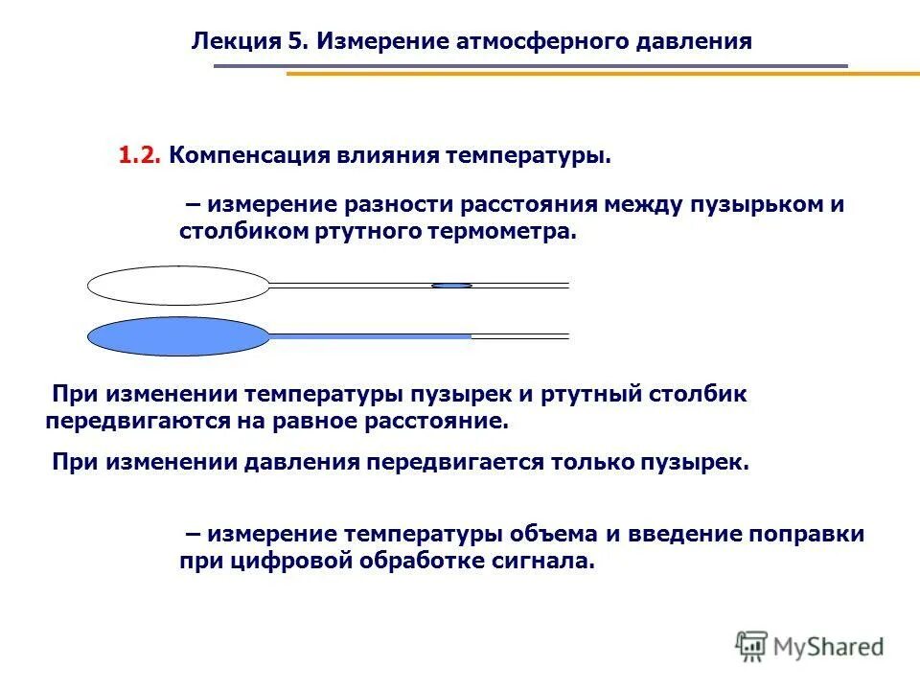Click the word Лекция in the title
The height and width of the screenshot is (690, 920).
point(236,41)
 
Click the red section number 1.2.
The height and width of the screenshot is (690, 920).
point(141,155)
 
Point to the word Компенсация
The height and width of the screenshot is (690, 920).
point(247,155)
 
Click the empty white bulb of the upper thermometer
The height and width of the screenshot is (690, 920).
point(178,285)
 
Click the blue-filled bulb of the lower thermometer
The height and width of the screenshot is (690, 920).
point(178,336)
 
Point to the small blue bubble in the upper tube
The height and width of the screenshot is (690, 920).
point(451,285)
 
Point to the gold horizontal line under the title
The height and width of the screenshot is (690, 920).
point(603,74)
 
